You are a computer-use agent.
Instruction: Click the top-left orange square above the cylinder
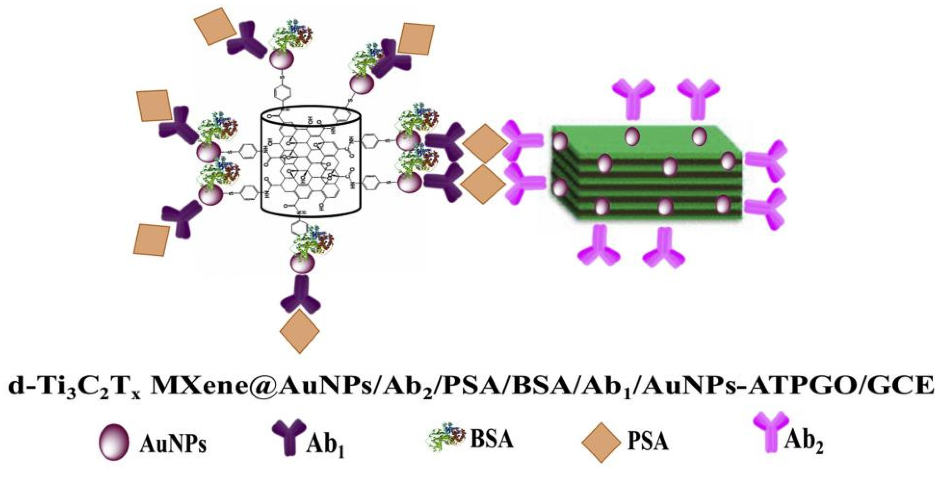click(214, 26)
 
